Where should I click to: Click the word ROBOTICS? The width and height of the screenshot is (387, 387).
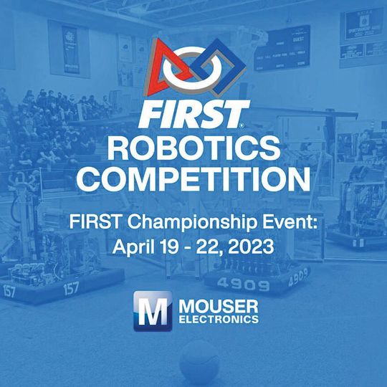click(193, 148)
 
